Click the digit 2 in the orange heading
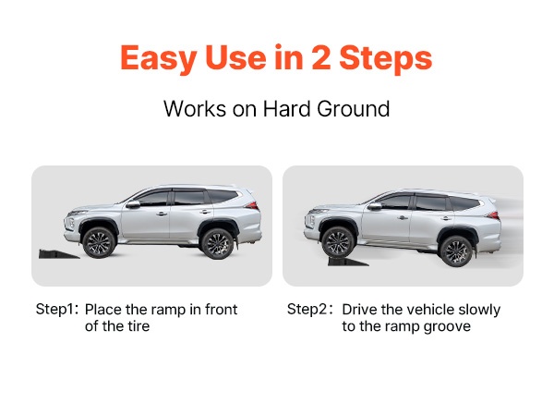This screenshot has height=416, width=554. coord(320,57)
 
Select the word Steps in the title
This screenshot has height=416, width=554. coord(386,59)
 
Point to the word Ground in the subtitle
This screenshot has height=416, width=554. coord(354,109)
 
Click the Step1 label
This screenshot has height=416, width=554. coord(56,309)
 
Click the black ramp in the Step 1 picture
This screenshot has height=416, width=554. coord(58,254)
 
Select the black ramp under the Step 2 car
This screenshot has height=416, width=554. coord(348,262)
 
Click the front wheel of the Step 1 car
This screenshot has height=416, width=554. coord(98,242)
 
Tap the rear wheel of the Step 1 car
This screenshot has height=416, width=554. coord(217,244)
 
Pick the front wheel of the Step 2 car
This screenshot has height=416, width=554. coord(338,242)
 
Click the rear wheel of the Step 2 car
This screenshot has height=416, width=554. coord(456,251)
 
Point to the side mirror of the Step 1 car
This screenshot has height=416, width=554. coord(133,204)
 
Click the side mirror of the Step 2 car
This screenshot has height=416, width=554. coord(374,206)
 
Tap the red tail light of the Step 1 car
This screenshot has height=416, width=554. coord(252,205)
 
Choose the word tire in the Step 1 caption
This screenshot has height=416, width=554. coord(138,325)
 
